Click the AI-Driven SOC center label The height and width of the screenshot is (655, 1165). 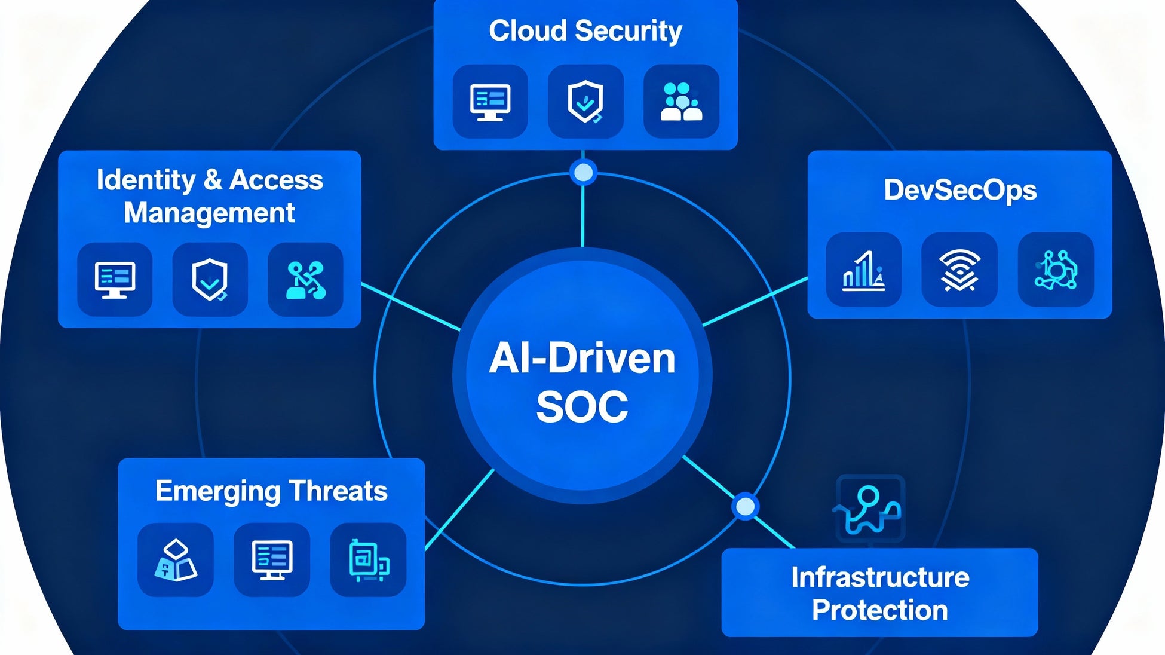click(582, 382)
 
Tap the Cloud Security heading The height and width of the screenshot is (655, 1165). click(585, 31)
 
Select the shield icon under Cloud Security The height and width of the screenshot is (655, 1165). click(585, 102)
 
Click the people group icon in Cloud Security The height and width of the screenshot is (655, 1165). click(681, 102)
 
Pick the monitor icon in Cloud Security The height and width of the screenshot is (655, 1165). click(490, 102)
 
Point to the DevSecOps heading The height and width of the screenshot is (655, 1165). click(960, 190)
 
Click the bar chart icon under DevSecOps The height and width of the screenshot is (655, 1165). click(863, 270)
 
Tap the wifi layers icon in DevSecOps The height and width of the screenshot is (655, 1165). click(959, 270)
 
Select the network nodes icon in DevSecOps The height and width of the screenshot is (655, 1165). click(1056, 270)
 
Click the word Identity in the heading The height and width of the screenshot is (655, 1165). click(146, 180)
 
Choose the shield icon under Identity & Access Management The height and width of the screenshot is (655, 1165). click(210, 279)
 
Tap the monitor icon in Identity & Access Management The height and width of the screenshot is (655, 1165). click(115, 279)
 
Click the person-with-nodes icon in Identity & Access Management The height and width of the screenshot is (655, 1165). click(305, 279)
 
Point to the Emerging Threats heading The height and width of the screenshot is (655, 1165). click(271, 491)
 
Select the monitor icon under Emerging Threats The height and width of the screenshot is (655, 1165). click(272, 560)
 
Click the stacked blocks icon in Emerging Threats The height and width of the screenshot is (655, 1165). click(176, 560)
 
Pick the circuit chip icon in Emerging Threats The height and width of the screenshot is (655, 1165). click(368, 560)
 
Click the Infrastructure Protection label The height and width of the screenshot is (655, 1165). click(880, 593)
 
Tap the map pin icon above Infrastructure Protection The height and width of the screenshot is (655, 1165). click(870, 509)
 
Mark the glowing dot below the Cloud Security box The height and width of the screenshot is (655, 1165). click(583, 173)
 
